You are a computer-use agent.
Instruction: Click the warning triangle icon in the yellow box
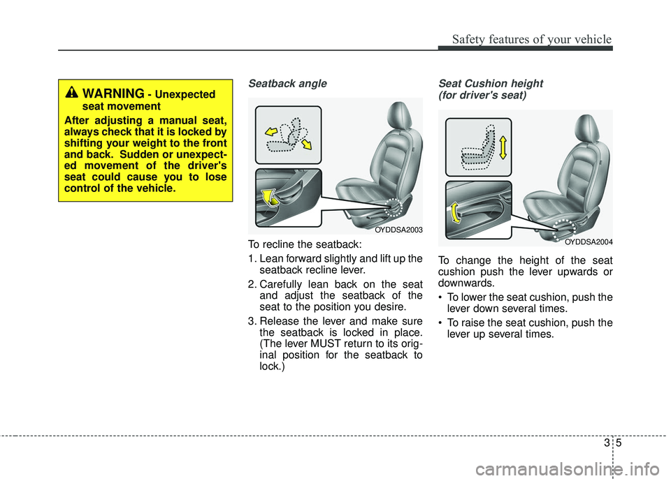pyautogui.click(x=71, y=92)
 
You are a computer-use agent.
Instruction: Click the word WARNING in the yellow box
pyautogui.click(x=113, y=94)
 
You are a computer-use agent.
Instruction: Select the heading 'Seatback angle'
pyautogui.click(x=287, y=83)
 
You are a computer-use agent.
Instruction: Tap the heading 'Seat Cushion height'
pyautogui.click(x=491, y=83)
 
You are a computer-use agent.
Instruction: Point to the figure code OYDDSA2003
pyautogui.click(x=399, y=230)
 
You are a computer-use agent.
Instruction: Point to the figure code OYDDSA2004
pyautogui.click(x=589, y=242)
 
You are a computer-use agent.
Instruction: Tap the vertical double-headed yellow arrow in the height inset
pyautogui.click(x=503, y=147)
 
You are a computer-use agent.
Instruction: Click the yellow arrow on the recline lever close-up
pyautogui.click(x=268, y=198)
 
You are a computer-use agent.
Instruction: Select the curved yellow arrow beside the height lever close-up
pyautogui.click(x=454, y=212)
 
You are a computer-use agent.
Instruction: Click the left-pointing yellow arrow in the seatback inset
pyautogui.click(x=271, y=131)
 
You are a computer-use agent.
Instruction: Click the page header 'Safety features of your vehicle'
pyautogui.click(x=532, y=39)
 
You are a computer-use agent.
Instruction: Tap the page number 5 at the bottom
pyautogui.click(x=619, y=443)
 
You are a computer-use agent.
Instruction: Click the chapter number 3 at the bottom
pyautogui.click(x=607, y=443)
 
